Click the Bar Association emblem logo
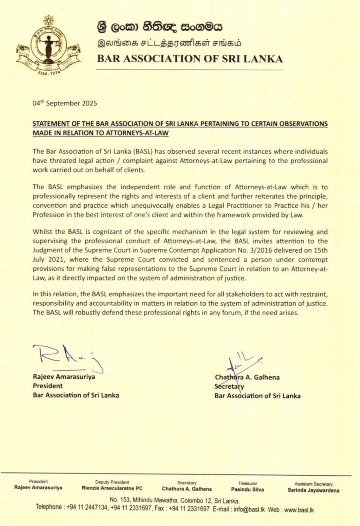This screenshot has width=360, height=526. (x=48, y=47)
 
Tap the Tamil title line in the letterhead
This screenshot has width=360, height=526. (x=166, y=44)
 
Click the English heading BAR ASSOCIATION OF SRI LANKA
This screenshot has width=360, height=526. (x=189, y=59)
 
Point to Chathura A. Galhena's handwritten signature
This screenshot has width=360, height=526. (x=242, y=364)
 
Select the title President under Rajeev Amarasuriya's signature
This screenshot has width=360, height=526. (x=47, y=386)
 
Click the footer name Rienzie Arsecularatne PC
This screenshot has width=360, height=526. (x=112, y=489)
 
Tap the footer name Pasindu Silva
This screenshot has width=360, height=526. (x=247, y=489)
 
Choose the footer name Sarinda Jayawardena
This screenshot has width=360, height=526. (x=314, y=490)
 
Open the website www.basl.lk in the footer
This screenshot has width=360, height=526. (x=299, y=509)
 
